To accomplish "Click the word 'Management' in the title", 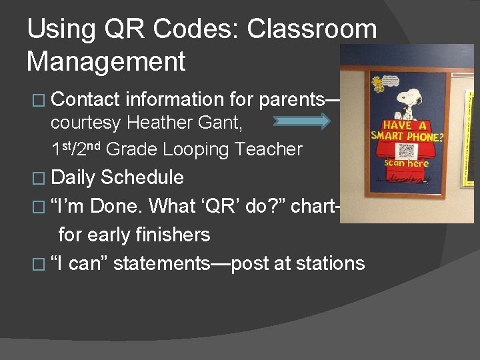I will tap(106, 61).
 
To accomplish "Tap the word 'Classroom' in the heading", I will tap(311, 29).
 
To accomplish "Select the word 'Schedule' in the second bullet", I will tap(142, 177).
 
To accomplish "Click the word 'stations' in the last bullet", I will tap(329, 263).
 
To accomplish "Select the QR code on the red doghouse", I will tap(407, 151).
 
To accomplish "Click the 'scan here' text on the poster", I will tap(407, 164).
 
